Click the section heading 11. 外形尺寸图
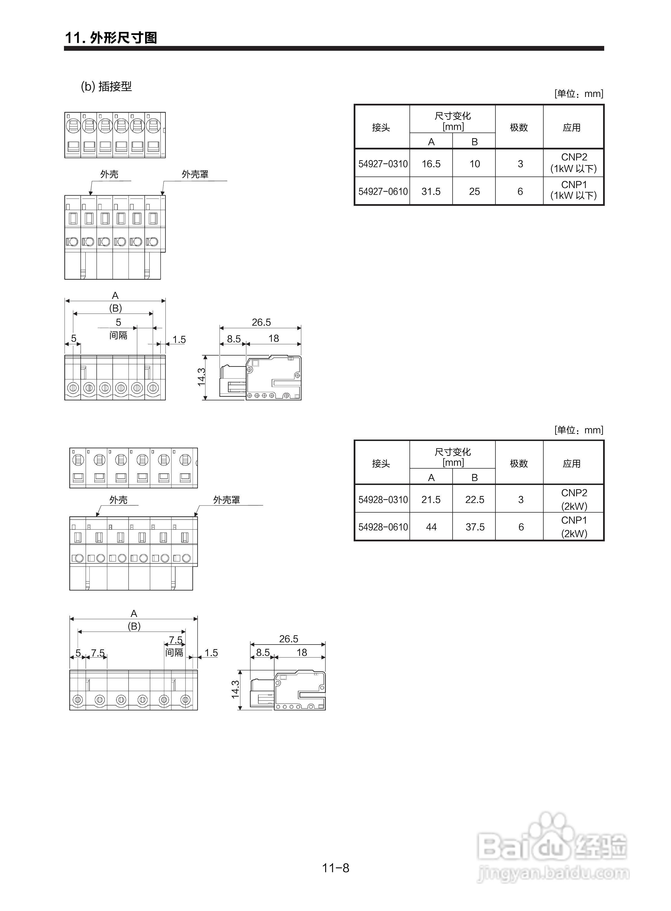(111, 38)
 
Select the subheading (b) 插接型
(107, 86)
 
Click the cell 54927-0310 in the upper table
(383, 164)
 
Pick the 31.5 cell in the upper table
(431, 191)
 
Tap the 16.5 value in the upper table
(431, 164)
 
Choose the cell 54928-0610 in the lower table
(383, 527)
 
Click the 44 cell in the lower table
(431, 527)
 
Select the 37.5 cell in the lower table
(474, 527)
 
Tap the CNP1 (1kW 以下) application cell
(573, 190)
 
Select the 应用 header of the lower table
(572, 464)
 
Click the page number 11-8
(335, 868)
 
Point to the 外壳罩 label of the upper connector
(195, 174)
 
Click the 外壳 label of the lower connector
(118, 500)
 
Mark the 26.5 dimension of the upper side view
(261, 322)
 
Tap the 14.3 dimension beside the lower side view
(236, 690)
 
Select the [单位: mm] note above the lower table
(578, 430)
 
